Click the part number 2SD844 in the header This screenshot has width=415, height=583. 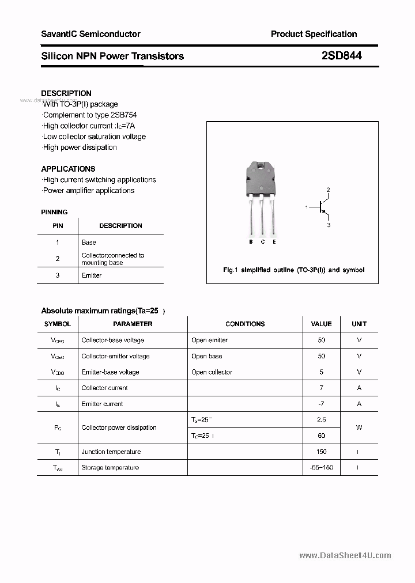click(x=341, y=56)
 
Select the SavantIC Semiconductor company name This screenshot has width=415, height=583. click(x=90, y=34)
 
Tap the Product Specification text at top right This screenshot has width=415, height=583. click(x=314, y=34)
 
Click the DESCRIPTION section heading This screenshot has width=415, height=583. click(x=66, y=93)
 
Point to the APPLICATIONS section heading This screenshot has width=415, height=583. click(x=68, y=169)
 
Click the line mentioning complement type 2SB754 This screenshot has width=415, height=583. click(x=89, y=115)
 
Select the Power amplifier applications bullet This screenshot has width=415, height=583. click(x=88, y=191)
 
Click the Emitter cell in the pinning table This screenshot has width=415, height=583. click(x=92, y=275)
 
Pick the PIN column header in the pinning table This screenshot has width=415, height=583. click(x=58, y=226)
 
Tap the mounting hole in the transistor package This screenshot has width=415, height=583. click(x=261, y=168)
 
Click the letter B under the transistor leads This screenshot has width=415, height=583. click(x=251, y=242)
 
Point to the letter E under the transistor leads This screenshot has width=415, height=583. click(x=274, y=242)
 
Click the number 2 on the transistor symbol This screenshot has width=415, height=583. click(x=328, y=190)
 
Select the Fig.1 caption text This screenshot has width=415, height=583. click(x=293, y=270)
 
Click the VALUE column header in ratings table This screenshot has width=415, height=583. click(x=321, y=324)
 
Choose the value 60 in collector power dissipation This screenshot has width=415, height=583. click(x=321, y=436)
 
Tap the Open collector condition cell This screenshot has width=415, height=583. click(x=212, y=372)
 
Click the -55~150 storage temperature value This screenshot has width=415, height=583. click(x=321, y=468)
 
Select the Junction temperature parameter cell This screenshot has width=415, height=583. click(x=111, y=452)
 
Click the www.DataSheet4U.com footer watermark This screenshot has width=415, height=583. click(x=345, y=555)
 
